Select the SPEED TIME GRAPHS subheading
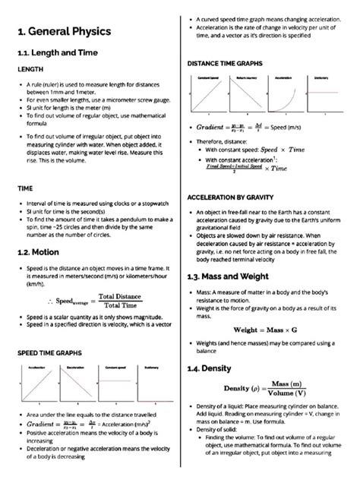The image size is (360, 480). (x=52, y=353)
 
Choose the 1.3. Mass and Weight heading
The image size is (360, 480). (x=235, y=277)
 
